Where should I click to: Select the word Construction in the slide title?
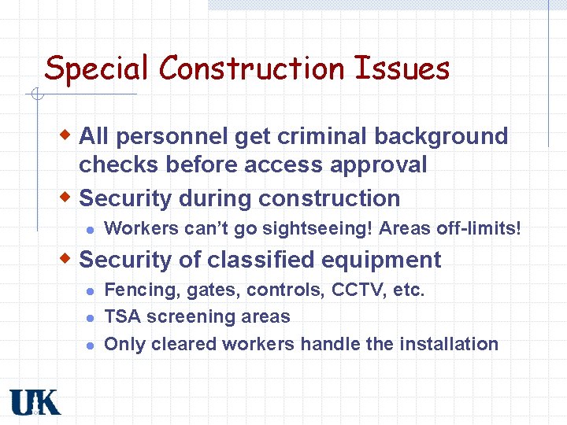[252, 68]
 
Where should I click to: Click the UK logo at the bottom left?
[35, 401]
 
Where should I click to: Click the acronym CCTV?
[359, 290]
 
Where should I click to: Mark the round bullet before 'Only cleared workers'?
[90, 345]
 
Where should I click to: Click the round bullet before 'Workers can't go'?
[90, 230]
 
